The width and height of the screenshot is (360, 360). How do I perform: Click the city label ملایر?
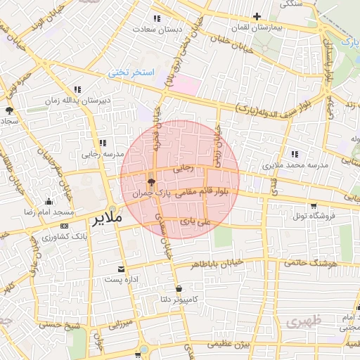click(108, 219)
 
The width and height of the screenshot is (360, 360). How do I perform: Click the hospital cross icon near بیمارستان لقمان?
click(257, 17)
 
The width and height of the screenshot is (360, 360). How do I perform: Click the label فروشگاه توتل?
click(307, 215)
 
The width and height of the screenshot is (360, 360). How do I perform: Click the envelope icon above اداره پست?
click(120, 269)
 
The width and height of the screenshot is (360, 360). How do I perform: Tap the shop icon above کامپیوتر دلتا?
click(179, 288)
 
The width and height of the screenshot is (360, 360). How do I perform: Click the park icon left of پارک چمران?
click(151, 182)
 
